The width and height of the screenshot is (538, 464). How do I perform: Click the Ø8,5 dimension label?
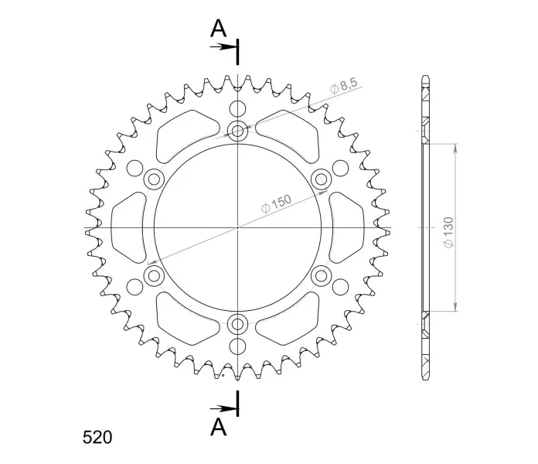tap(344, 86)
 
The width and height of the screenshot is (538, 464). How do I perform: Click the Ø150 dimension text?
tap(276, 203)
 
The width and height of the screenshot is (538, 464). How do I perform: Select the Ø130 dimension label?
tap(448, 232)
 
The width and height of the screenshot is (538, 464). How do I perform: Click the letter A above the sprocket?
tap(218, 28)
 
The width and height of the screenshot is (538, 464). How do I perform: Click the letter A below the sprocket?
tap(219, 428)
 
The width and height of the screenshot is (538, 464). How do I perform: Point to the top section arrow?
tap(223, 46)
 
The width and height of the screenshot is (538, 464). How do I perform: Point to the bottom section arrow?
tap(223, 408)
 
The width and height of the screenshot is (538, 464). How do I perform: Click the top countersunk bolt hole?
tap(237, 131)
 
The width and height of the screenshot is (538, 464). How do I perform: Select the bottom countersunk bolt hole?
tap(237, 323)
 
